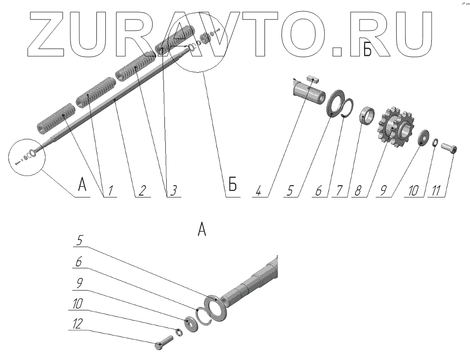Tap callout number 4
pyautogui.click(x=258, y=190)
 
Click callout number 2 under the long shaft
pyautogui.click(x=141, y=190)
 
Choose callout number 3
pyautogui.click(x=173, y=190)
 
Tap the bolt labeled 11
pyautogui.click(x=450, y=149)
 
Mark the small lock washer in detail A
pyautogui.click(x=179, y=333)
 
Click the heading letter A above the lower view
pyautogui.click(x=202, y=230)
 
